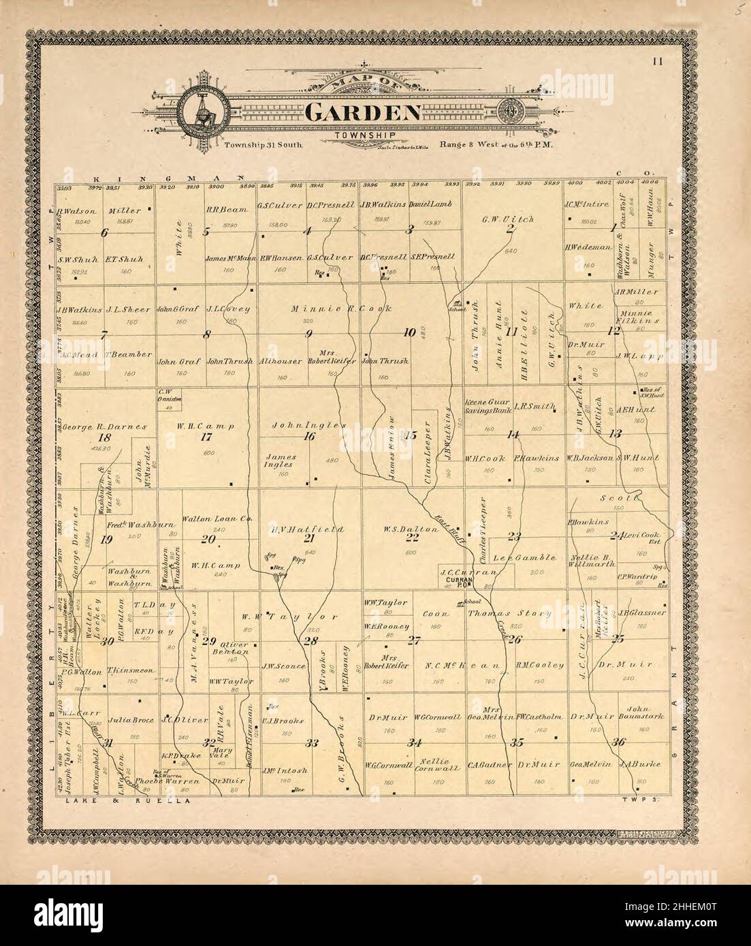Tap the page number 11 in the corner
(x=657, y=62)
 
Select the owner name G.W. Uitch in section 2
(x=507, y=219)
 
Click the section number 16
(x=309, y=436)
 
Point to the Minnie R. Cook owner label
(x=342, y=308)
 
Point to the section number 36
(x=618, y=742)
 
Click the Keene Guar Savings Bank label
(x=488, y=406)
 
